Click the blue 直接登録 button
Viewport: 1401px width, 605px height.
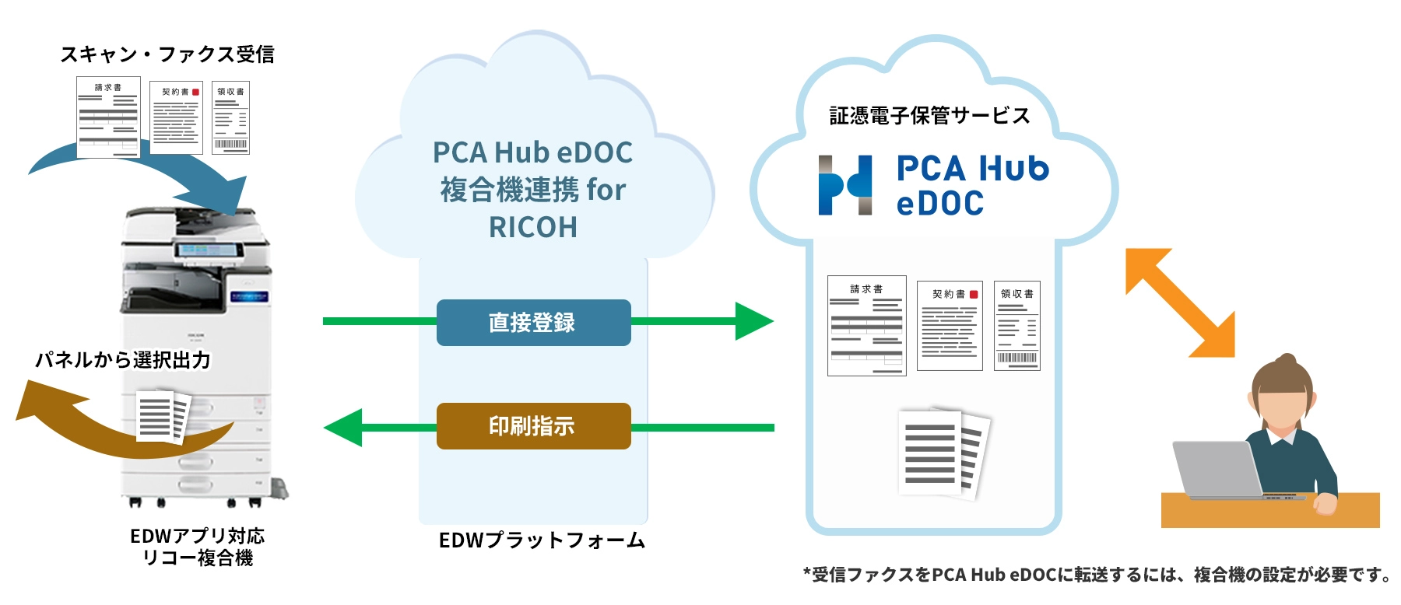(533, 322)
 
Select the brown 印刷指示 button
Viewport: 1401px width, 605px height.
(533, 425)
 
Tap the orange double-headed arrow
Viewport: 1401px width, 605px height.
(1180, 302)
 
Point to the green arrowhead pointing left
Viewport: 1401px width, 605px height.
(344, 427)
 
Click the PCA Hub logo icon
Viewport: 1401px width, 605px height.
(844, 185)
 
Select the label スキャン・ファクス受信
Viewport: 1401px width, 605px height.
(167, 54)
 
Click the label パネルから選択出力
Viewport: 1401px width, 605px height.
(123, 360)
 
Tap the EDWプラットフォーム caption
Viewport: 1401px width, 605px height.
(542, 540)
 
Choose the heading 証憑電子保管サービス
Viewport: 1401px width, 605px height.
(929, 116)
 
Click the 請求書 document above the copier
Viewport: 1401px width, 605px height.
(108, 117)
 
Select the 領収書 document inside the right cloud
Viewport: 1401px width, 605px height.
(1017, 325)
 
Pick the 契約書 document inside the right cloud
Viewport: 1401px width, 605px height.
(949, 325)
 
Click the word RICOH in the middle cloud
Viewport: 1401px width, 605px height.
(533, 227)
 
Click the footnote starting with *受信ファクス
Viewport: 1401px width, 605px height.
(1097, 575)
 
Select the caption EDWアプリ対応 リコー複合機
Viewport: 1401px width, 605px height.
(198, 547)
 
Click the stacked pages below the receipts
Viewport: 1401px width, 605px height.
(943, 453)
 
